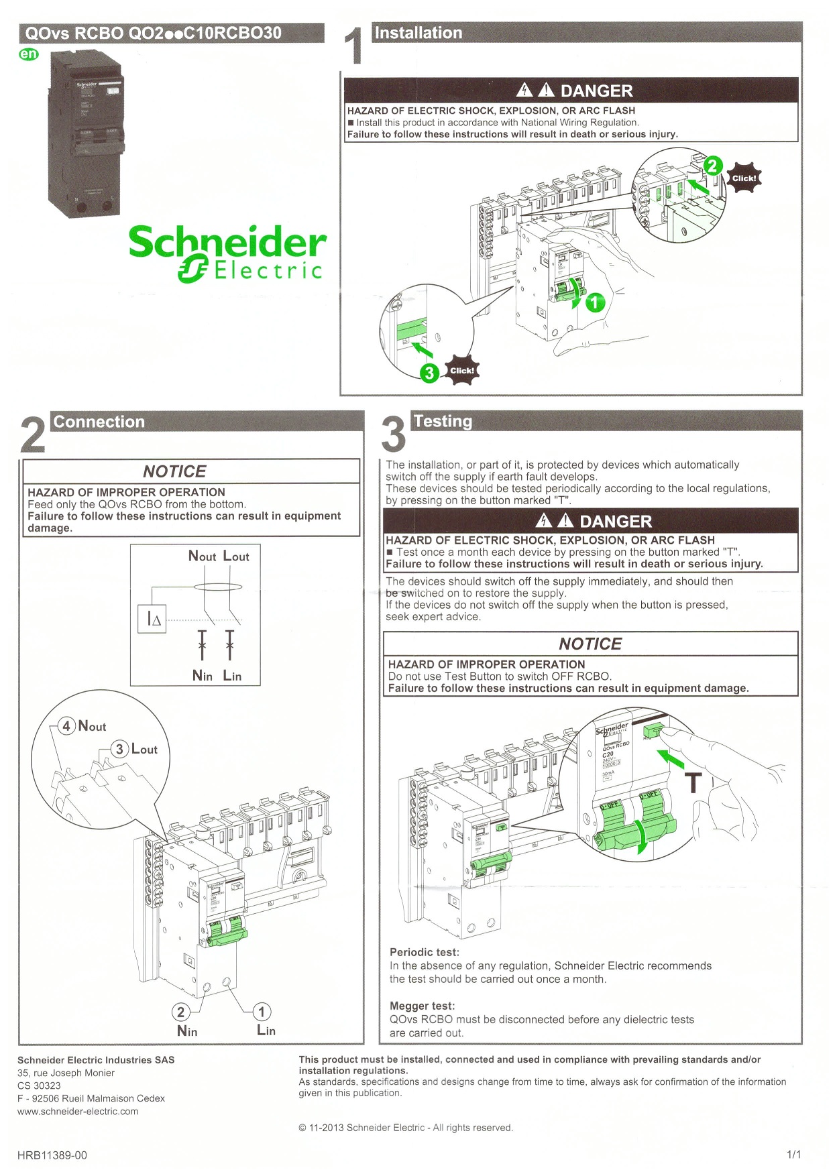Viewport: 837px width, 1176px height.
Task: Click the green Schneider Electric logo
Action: [x=227, y=253]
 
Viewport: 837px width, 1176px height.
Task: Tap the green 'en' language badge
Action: [x=29, y=54]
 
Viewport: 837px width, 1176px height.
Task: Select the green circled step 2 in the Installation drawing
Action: [x=712, y=165]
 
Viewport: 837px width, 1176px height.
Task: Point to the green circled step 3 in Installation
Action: [x=429, y=373]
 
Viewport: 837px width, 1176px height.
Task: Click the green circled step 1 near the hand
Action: [x=595, y=303]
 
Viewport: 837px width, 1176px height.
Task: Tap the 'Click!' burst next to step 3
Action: [x=462, y=370]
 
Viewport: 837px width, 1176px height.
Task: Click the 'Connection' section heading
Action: [x=99, y=422]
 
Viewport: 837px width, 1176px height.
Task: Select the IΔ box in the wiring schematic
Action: [x=153, y=620]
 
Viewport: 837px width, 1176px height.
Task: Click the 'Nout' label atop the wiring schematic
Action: [x=202, y=556]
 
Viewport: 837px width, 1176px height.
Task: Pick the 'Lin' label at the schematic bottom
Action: [x=232, y=676]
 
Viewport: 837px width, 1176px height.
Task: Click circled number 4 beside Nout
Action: [x=66, y=726]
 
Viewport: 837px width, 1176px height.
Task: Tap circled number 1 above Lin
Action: [x=262, y=1012]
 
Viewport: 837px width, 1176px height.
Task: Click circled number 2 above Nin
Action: [x=180, y=1012]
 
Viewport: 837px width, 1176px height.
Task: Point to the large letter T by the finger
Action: [x=693, y=783]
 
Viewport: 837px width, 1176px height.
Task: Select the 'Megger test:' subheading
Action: [x=422, y=1006]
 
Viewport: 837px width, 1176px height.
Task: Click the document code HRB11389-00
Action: [x=52, y=1155]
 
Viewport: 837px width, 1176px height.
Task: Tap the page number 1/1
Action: [x=793, y=1155]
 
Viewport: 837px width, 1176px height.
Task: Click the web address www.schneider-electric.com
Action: [x=78, y=1111]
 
